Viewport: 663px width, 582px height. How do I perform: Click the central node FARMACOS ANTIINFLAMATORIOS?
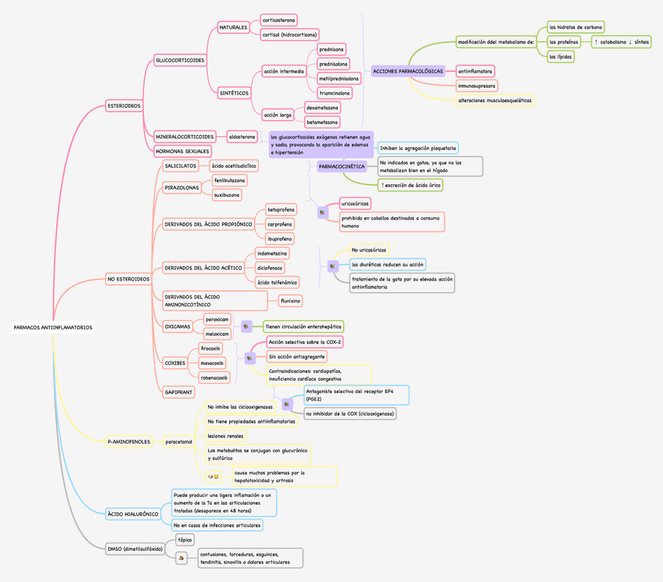click(53, 327)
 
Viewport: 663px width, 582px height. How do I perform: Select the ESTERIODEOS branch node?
click(124, 105)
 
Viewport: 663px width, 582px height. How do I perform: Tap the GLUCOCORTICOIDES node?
click(181, 60)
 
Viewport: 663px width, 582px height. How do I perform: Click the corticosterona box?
click(278, 19)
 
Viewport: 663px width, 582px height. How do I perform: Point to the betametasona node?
click(323, 122)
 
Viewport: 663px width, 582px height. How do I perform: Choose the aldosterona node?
click(242, 137)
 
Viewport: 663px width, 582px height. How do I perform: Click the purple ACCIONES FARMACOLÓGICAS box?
click(407, 71)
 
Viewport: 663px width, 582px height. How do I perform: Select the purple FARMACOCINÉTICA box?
click(342, 166)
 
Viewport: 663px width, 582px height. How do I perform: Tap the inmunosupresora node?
click(476, 85)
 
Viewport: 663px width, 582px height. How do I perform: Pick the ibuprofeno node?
click(280, 238)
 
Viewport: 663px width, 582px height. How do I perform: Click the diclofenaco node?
click(270, 268)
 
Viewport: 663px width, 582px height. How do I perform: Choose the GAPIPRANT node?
click(179, 391)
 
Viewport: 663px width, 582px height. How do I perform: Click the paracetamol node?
click(178, 442)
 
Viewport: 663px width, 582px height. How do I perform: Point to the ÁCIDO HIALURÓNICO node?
click(134, 514)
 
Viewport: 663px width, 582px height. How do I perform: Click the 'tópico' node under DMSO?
click(185, 540)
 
